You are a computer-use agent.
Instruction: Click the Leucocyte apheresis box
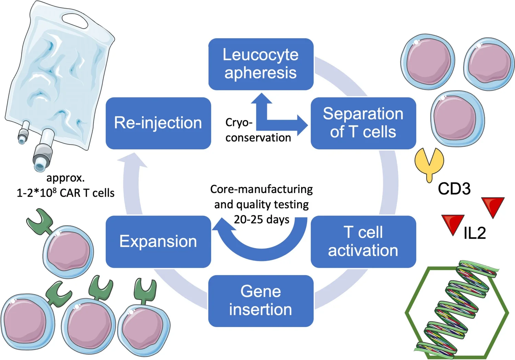(x=261, y=64)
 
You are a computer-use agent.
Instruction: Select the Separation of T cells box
(x=363, y=123)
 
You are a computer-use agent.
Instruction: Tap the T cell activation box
(x=363, y=241)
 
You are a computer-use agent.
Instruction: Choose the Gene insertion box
(x=261, y=301)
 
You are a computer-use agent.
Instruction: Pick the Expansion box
(x=158, y=241)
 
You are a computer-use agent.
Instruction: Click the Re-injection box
(x=158, y=123)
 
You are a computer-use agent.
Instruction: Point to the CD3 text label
(x=454, y=189)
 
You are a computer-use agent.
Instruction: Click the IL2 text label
(x=474, y=233)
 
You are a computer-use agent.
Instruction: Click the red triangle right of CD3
(x=493, y=206)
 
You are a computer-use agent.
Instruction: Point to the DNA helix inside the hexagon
(x=457, y=309)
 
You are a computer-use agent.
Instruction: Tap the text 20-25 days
(x=262, y=220)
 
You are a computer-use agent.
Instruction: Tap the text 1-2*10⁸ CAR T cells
(x=66, y=193)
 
